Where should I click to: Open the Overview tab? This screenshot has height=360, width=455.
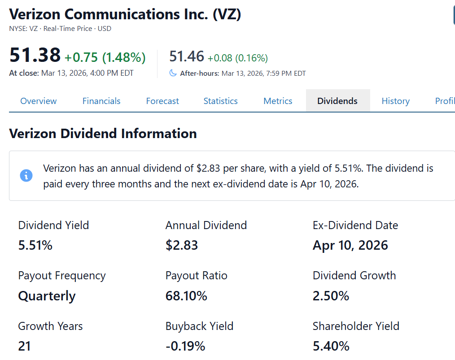39,101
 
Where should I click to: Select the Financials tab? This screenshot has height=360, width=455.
101,101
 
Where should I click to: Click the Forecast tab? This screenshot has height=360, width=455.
162,101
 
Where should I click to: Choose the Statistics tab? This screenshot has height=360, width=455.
220,101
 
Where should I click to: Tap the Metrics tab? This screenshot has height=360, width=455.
278,101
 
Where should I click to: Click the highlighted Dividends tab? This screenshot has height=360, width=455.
337,101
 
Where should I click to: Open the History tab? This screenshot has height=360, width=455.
395,101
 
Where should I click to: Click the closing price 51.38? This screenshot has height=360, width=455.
35,56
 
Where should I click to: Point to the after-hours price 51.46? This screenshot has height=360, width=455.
187,56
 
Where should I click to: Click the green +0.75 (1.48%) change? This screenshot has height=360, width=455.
105,57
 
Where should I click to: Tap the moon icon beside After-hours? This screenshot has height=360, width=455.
173,73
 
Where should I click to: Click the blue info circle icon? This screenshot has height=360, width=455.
26,175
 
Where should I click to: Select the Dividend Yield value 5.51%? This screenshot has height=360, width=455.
35,245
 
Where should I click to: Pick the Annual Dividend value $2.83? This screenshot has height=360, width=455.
182,245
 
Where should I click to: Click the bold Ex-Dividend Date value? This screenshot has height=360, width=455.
350,245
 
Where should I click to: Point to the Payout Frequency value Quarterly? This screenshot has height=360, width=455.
47,296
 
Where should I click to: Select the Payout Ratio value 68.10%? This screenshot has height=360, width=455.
186,296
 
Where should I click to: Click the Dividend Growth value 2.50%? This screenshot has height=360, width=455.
331,296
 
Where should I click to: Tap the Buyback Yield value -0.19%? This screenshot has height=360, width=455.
185,346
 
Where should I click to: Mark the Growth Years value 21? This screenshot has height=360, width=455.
24,346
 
